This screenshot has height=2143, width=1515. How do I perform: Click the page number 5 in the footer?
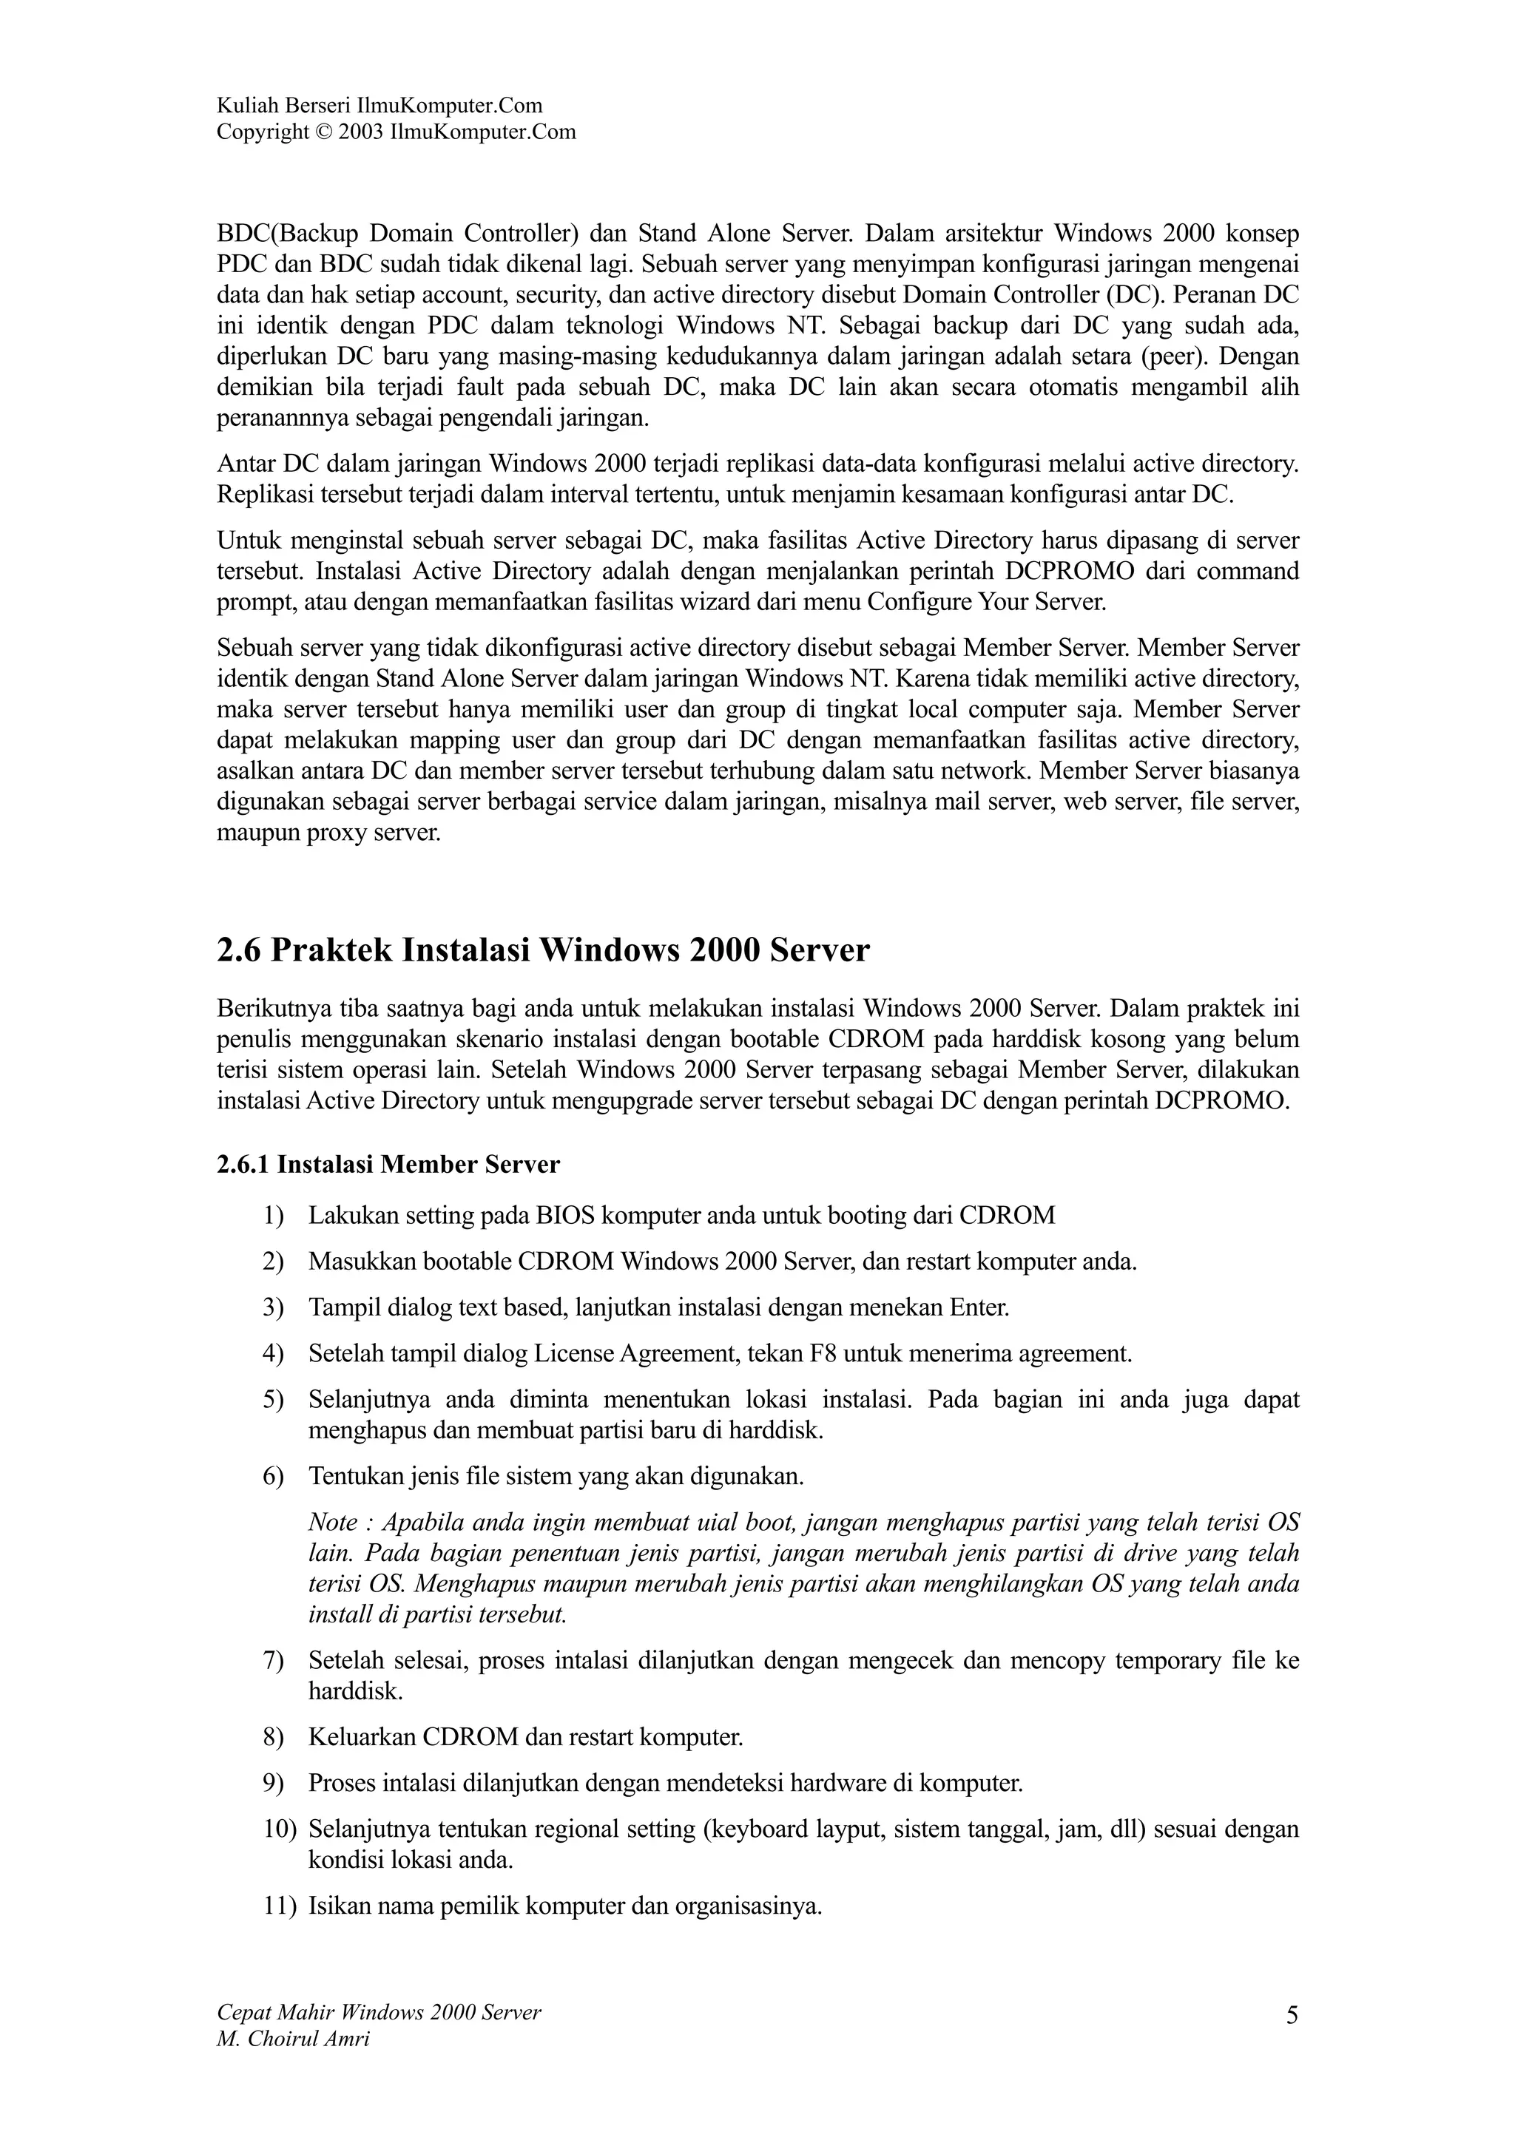click(1292, 2015)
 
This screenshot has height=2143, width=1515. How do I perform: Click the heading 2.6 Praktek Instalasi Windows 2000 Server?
click(542, 950)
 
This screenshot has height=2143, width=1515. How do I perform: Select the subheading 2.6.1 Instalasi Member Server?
click(388, 1164)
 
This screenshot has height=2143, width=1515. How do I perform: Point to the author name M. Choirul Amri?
click(292, 2039)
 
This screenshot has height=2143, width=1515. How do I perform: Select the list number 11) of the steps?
click(278, 1905)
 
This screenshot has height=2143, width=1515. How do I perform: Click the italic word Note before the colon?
click(332, 1523)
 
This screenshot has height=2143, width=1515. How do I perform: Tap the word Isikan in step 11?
click(339, 1905)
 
